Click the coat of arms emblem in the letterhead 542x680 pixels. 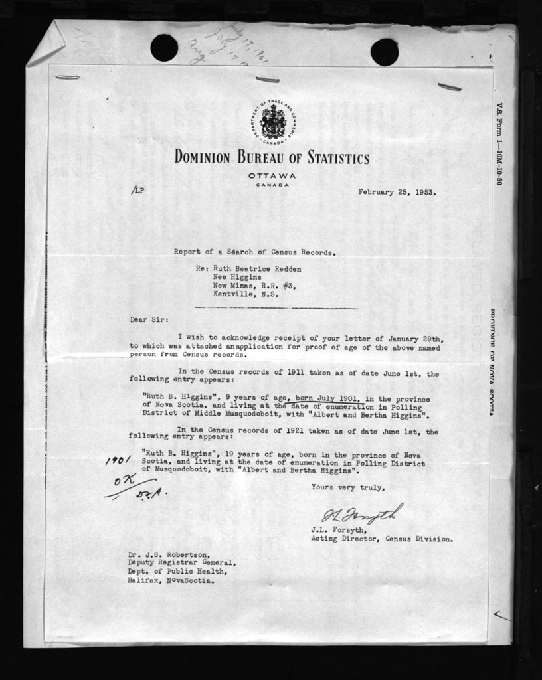[272, 122]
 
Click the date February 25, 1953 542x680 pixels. [397, 192]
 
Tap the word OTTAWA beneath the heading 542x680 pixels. [272, 175]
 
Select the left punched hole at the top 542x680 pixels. [164, 48]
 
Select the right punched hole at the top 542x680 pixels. [384, 52]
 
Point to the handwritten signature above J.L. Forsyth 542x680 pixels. [362, 513]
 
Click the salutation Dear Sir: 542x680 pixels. [146, 319]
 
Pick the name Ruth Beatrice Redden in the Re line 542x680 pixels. [257, 269]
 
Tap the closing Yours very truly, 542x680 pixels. [347, 487]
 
